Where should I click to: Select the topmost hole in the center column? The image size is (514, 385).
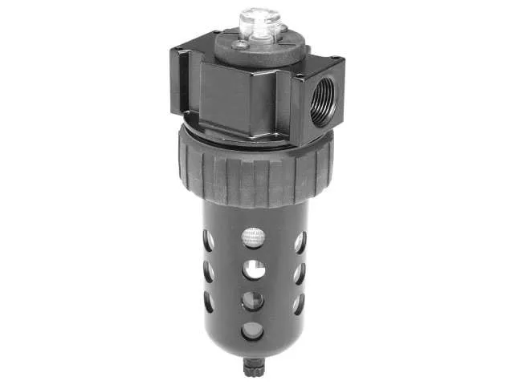click(x=254, y=237)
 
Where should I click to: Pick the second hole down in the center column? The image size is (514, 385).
click(x=254, y=269)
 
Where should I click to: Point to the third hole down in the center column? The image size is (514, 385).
click(x=254, y=300)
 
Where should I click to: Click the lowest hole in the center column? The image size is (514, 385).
click(x=254, y=329)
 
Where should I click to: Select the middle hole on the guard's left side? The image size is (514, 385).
click(x=209, y=272)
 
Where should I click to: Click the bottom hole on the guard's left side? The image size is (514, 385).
click(x=209, y=302)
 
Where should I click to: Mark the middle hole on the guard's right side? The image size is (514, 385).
click(x=299, y=273)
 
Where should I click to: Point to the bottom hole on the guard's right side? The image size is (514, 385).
click(x=299, y=303)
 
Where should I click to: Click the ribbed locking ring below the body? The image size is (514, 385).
click(x=255, y=172)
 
